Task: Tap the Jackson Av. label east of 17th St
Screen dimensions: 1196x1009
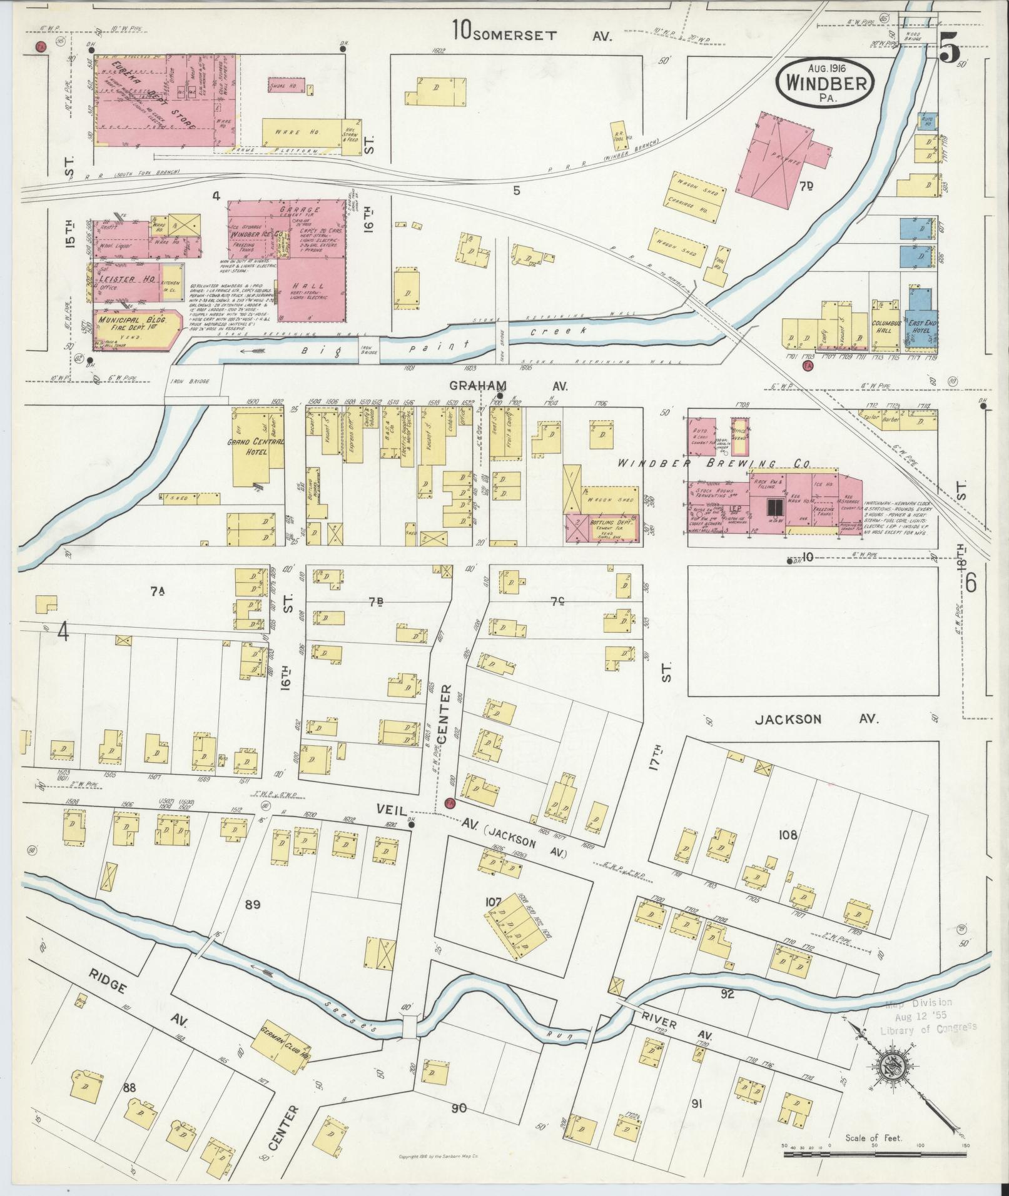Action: (x=816, y=719)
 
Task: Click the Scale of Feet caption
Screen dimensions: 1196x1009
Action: (x=873, y=1137)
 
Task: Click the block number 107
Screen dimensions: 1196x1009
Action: (x=494, y=902)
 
